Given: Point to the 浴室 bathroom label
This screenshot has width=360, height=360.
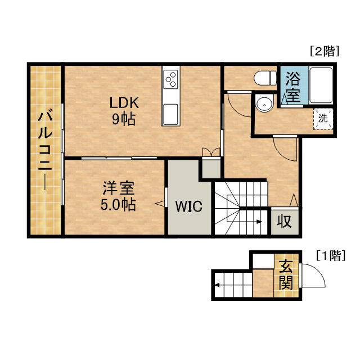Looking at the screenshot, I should coord(292,85).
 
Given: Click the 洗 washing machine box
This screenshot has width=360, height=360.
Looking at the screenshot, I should coord(323,119).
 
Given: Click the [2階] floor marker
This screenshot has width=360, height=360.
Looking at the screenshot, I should coord(325,52).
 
